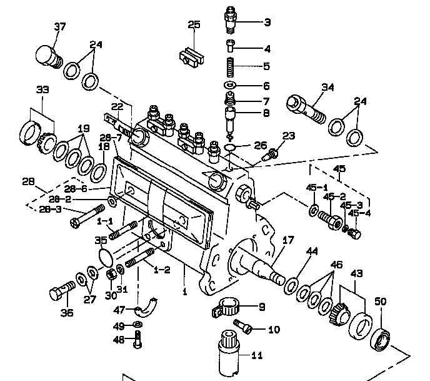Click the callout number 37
coord(59,27)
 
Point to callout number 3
coord(267,23)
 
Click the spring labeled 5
coord(230,65)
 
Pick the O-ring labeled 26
coord(230,147)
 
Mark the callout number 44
coord(311,251)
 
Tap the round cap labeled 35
coord(111,257)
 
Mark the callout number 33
coord(42,89)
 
